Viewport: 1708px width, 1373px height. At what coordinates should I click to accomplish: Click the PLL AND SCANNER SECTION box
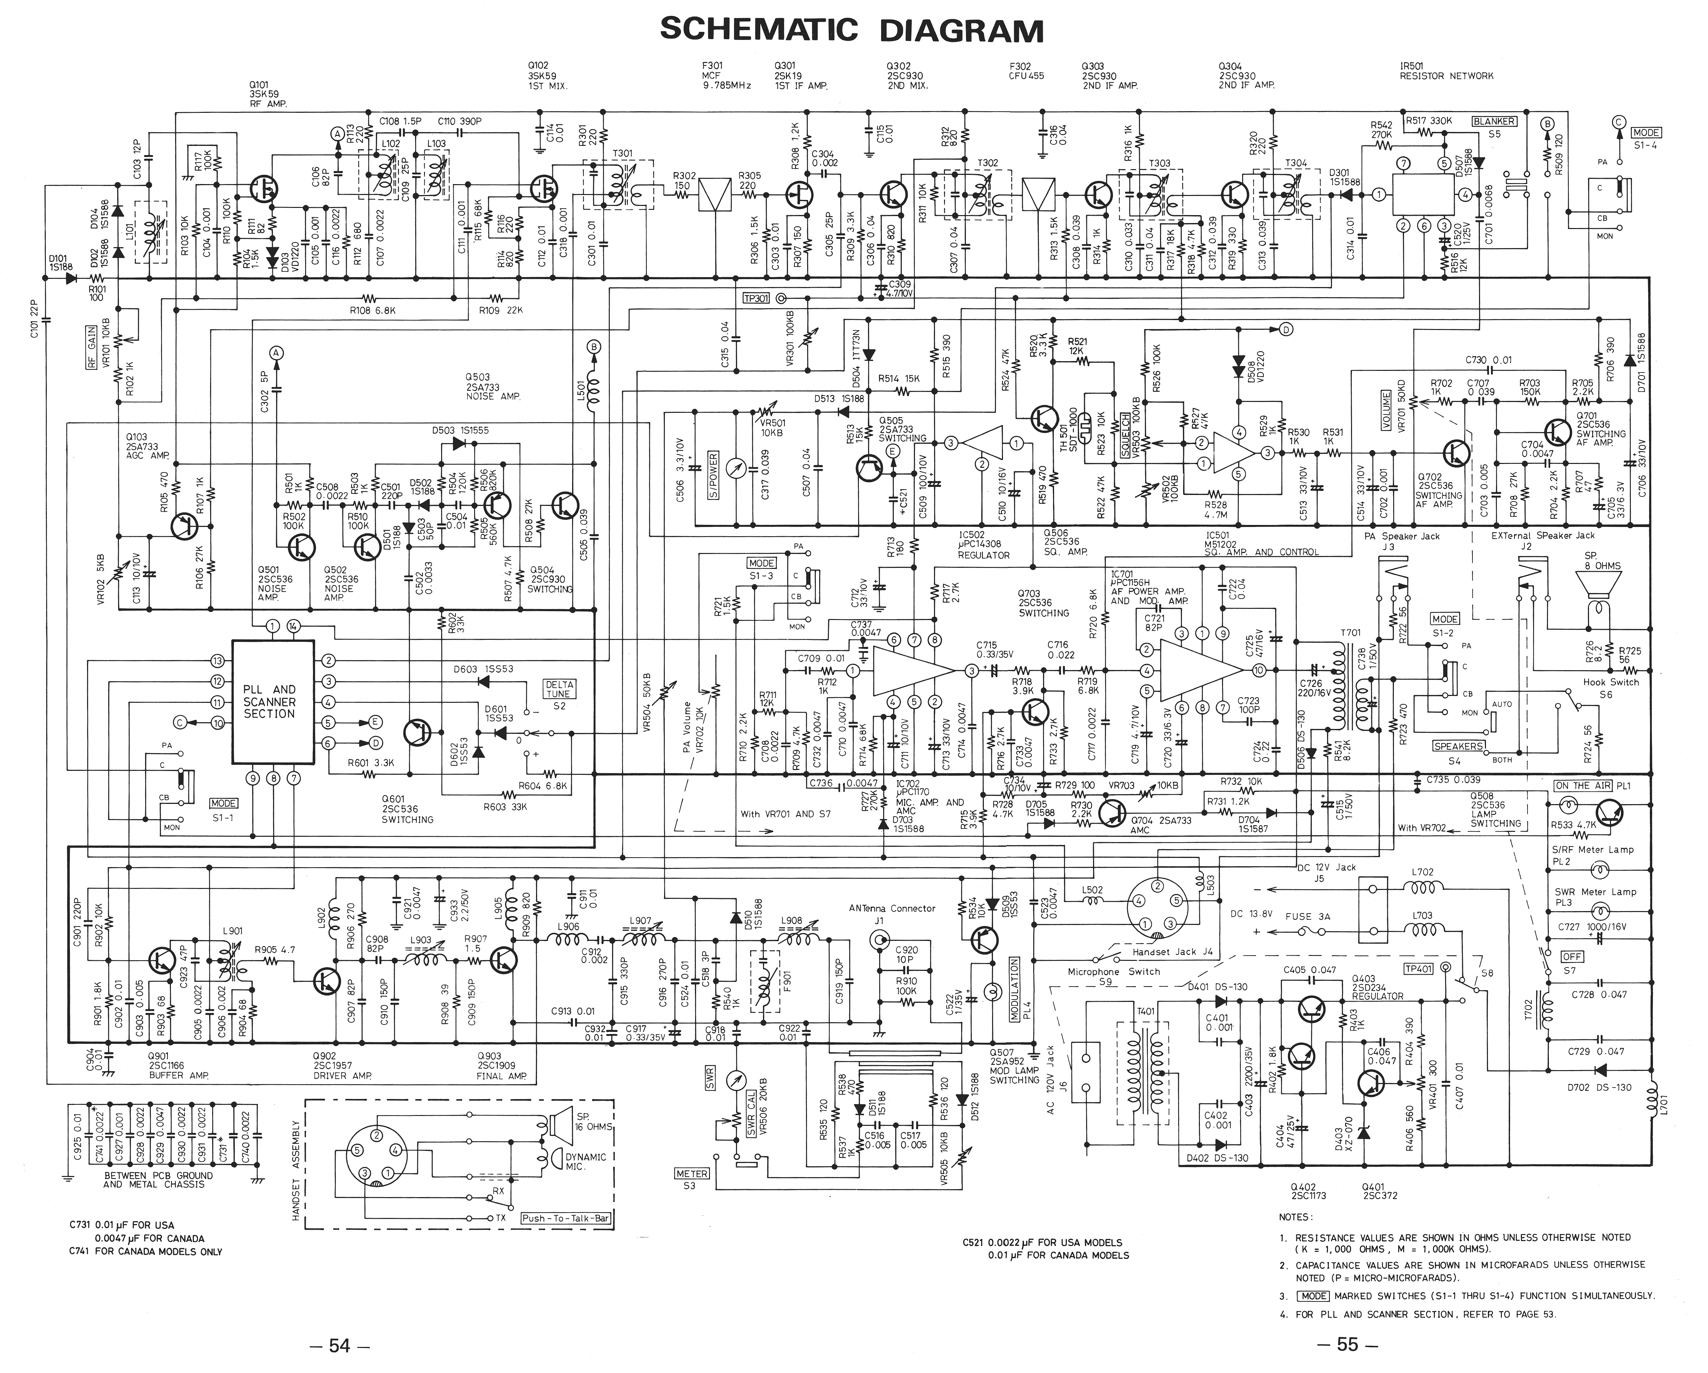click(x=269, y=702)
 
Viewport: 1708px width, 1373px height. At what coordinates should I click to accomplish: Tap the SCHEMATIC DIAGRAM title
click(x=852, y=30)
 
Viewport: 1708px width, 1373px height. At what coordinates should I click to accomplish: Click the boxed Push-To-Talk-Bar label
click(x=565, y=1218)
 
